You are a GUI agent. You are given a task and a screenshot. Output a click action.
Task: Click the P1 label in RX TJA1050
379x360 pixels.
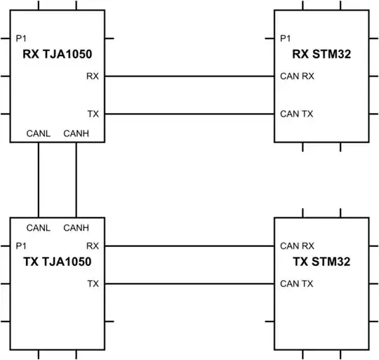[20, 39]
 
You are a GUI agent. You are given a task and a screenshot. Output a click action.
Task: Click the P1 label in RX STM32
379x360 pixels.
[285, 39]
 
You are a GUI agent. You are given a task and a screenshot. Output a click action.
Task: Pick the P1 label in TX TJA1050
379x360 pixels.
[20, 246]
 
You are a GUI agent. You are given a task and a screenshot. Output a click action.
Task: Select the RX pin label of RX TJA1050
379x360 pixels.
[93, 76]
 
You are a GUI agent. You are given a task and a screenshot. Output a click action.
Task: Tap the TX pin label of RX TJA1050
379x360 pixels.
[93, 113]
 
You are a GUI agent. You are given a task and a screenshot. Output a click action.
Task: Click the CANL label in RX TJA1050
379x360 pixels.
[38, 133]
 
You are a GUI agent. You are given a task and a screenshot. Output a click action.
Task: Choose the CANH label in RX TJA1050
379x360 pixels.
[75, 133]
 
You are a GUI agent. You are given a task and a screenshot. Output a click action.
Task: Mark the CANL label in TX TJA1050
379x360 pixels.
[38, 228]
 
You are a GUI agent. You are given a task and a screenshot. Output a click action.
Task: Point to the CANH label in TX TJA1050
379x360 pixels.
[75, 228]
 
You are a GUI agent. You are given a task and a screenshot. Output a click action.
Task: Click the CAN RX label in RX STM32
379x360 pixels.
[297, 76]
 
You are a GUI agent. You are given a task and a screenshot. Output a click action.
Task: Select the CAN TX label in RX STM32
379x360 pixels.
[296, 113]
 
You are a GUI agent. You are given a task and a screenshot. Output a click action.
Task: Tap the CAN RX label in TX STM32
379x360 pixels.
[297, 246]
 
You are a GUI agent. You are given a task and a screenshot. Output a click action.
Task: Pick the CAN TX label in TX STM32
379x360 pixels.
[296, 284]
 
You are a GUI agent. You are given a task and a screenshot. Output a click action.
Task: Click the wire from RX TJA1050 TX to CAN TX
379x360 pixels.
[189, 113]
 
